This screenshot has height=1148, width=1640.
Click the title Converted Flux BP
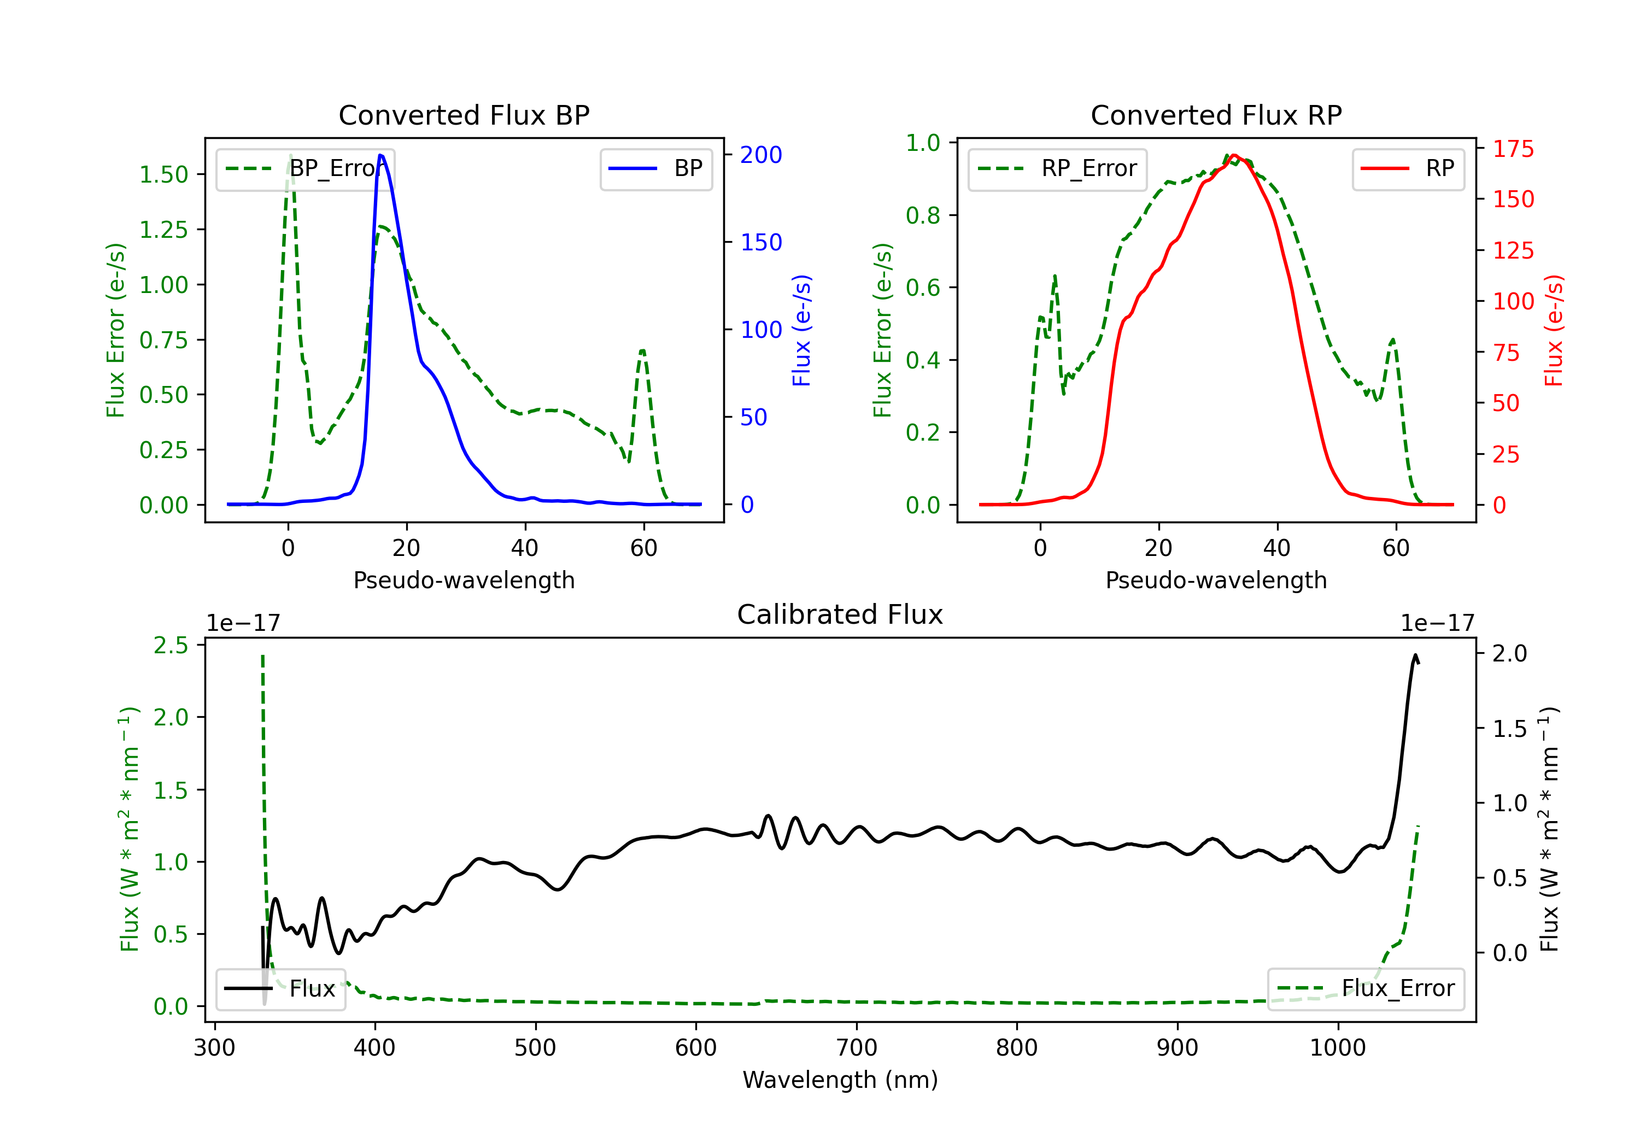coord(464,115)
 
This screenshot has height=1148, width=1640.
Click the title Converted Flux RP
coord(1216,115)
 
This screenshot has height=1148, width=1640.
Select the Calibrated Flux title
coord(840,614)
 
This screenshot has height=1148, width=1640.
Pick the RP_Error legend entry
coord(1057,168)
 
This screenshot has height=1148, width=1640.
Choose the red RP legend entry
coord(1408,168)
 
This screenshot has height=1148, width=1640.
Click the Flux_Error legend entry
coord(1366,989)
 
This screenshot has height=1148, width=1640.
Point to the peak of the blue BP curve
coord(380,155)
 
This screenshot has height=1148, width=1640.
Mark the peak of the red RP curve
coord(1234,155)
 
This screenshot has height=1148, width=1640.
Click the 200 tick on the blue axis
coord(761,155)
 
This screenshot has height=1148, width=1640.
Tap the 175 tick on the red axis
coord(1513,149)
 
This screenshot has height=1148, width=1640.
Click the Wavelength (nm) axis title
coord(840,1080)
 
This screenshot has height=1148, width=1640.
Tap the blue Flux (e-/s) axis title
coord(801,331)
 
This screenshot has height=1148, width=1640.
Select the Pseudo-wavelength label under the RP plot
coord(1216,580)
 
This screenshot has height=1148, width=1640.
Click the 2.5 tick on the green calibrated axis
coord(171,645)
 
